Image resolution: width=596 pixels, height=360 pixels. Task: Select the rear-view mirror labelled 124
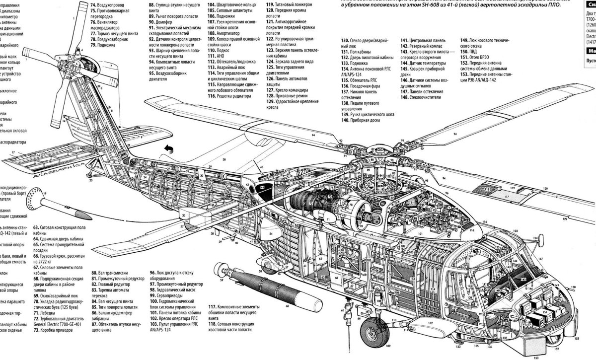point(533,242)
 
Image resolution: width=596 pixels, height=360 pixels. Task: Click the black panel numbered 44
point(262,189)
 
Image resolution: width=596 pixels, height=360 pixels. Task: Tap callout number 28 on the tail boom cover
point(223,159)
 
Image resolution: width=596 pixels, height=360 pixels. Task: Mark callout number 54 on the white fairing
point(271,233)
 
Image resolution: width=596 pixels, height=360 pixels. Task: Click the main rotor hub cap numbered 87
point(374,148)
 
